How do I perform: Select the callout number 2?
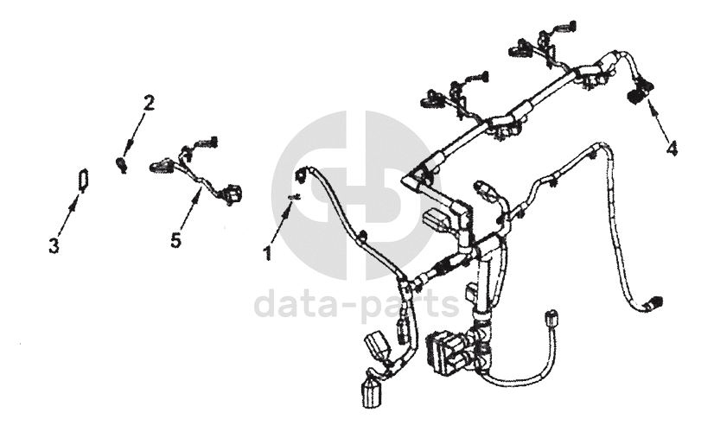(149, 103)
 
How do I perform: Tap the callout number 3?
(54, 245)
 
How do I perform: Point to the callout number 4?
(671, 148)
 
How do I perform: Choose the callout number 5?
(176, 240)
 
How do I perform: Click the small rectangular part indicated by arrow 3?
(83, 180)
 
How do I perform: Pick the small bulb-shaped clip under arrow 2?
(122, 162)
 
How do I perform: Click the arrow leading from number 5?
(189, 208)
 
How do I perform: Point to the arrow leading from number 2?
(134, 134)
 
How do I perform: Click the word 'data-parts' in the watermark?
(356, 305)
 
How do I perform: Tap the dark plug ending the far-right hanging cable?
(655, 303)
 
